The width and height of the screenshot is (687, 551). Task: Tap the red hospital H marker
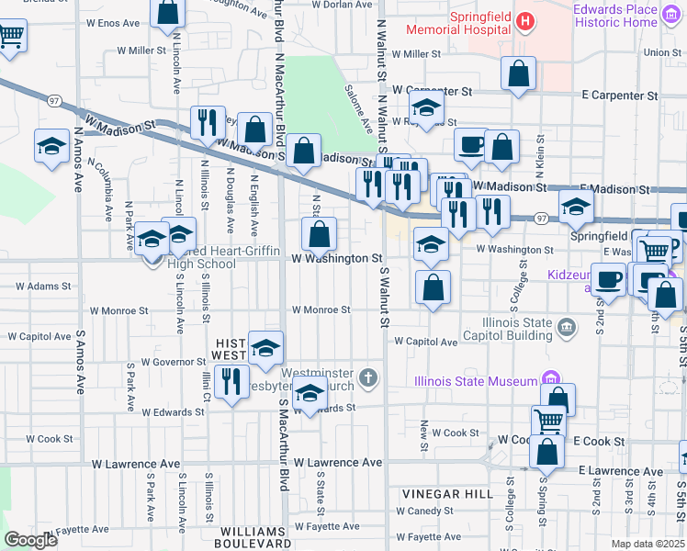click(524, 20)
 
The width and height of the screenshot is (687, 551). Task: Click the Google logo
click(30, 541)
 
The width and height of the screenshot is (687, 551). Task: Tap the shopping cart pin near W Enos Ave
click(10, 37)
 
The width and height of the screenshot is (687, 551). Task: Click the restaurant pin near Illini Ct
click(231, 380)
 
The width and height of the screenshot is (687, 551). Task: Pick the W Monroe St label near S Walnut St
click(321, 310)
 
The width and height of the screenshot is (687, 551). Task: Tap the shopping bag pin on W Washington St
click(319, 233)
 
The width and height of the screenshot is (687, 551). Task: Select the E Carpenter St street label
click(620, 96)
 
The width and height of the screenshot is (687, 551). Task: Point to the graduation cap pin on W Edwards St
click(310, 394)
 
